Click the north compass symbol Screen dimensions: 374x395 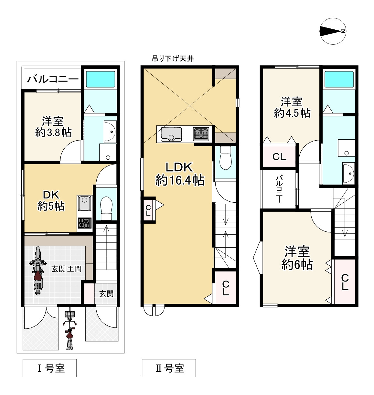333,31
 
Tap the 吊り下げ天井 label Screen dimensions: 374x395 173,59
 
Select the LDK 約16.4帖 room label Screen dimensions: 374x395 180,174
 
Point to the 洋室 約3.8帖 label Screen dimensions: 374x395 53,127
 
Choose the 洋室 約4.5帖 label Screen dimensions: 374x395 292,108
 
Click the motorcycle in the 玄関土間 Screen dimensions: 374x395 37,270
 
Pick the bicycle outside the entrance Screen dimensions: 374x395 70,330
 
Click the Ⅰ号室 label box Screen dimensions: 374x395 50,368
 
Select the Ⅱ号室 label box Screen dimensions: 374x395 169,368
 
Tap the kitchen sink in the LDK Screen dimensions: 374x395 171,134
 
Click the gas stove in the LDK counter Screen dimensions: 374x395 201,134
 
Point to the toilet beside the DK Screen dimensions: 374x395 106,208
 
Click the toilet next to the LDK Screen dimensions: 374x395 226,158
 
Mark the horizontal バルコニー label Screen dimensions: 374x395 53,80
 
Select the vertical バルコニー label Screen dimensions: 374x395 279,189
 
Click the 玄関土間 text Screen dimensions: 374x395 67,269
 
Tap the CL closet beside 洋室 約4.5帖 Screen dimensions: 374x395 279,156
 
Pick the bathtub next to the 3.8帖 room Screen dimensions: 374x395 101,79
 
